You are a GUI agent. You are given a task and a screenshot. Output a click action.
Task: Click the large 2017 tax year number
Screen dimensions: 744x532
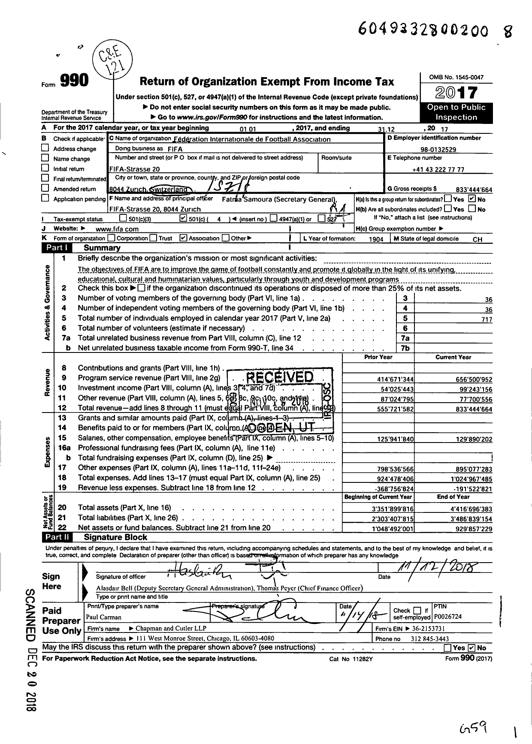456,93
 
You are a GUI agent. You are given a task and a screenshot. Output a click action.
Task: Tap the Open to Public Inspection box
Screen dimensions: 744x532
456,112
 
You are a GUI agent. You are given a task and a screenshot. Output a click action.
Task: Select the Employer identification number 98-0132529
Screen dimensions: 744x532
438,150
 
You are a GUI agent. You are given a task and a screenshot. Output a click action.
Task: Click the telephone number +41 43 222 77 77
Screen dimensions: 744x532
438,169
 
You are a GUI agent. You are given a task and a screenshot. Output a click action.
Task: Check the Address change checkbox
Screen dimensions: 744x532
45,148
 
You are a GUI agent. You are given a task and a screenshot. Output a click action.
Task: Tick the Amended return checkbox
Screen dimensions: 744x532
45,188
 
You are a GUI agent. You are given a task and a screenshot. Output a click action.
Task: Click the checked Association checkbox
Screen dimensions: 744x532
184,238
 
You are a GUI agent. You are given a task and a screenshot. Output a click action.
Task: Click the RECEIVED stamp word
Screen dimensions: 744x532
279,377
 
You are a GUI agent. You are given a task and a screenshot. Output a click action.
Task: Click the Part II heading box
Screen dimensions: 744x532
57,537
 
